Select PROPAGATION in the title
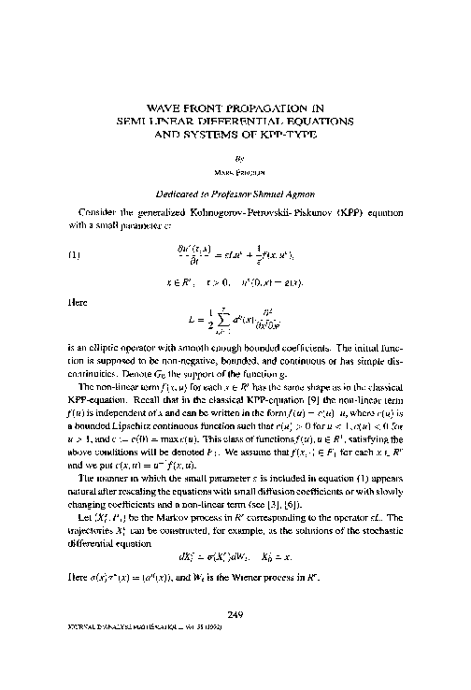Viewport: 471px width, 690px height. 269,108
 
